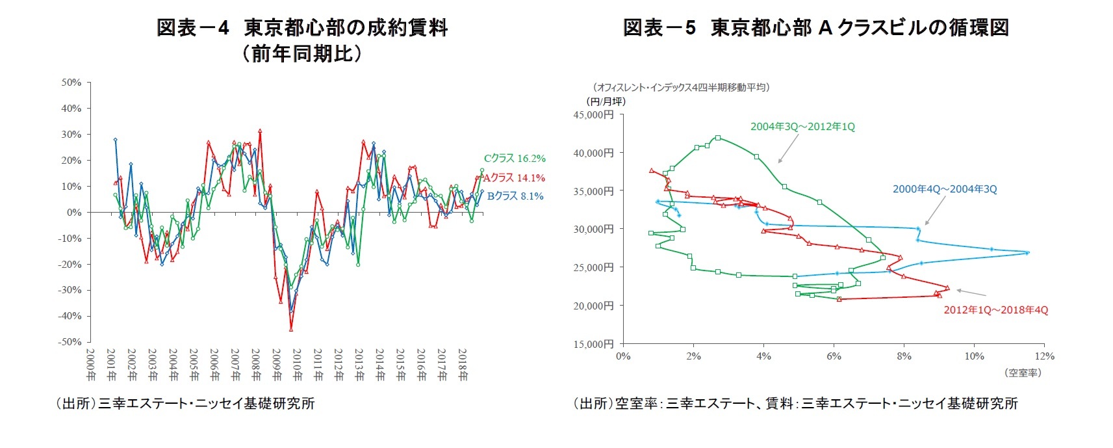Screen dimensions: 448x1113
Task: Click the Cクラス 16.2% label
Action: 514,158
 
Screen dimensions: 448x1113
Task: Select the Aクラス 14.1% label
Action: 513,178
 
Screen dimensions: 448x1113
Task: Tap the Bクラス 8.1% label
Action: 515,196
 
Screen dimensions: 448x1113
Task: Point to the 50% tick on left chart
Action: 71,83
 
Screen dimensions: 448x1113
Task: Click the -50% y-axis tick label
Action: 70,342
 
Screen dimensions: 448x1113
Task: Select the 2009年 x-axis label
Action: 277,365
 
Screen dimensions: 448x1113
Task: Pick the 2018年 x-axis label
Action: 463,365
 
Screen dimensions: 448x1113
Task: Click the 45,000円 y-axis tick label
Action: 593,114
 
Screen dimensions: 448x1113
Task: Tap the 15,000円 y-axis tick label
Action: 593,344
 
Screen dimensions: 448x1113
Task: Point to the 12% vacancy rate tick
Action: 1044,356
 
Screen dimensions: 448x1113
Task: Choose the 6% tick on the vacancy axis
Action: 834,356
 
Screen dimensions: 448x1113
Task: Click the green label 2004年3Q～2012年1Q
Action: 802,127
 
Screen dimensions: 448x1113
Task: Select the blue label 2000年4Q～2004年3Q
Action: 944,189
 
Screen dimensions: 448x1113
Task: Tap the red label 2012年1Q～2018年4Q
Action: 995,310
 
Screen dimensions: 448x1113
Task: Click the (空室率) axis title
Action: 1023,373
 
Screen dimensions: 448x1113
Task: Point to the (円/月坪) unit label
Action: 606,101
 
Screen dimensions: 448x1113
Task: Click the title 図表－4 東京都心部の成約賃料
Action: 302,28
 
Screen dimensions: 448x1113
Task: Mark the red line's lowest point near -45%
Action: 291,329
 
